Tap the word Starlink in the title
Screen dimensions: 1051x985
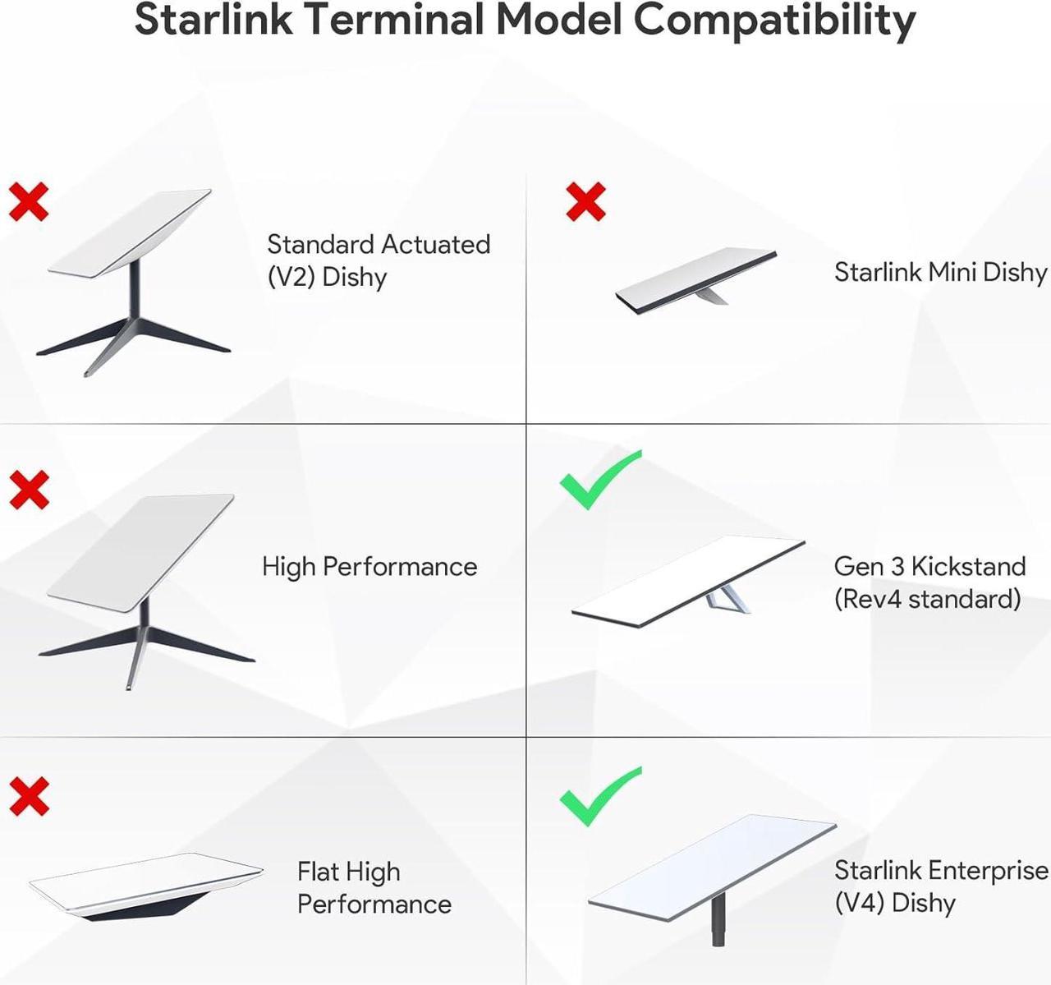tap(213, 19)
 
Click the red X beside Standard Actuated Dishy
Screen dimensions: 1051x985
tap(29, 202)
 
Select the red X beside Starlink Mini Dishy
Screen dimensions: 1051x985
tap(585, 202)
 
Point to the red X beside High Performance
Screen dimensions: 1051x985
tap(30, 490)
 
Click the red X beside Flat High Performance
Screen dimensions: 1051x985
tap(30, 797)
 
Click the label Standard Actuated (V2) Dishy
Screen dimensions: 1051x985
tap(379, 261)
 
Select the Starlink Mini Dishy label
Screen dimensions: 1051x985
tap(940, 272)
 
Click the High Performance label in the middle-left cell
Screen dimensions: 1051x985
tap(370, 567)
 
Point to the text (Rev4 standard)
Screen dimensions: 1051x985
tap(927, 600)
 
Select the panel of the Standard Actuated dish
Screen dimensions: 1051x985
tap(131, 233)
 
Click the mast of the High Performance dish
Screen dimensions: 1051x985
tap(143, 615)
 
